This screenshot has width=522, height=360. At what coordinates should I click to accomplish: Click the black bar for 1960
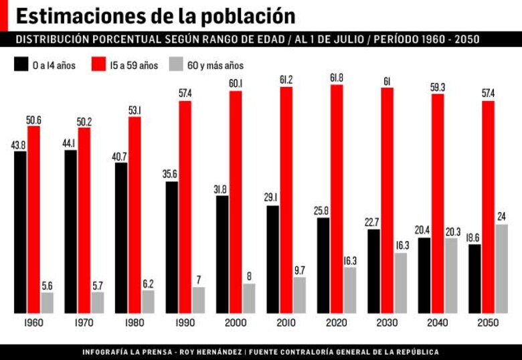click(x=20, y=232)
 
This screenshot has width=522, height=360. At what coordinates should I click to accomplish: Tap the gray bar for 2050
click(x=501, y=268)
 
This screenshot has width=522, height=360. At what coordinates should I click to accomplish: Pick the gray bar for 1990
click(x=198, y=300)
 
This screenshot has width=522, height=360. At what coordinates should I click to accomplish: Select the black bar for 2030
click(x=373, y=271)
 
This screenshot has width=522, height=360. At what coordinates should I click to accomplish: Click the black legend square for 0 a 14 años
click(x=20, y=65)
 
